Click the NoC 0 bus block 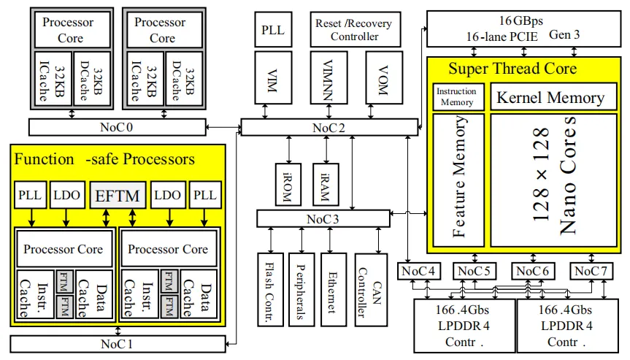[x=117, y=127]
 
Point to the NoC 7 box [x=592, y=272]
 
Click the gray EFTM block [x=118, y=195]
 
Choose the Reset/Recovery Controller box [x=353, y=29]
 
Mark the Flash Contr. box [x=268, y=288]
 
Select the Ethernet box [x=333, y=288]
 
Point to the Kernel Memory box [x=550, y=97]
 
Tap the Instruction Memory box [x=456, y=97]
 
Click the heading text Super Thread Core [x=512, y=69]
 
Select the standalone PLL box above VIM [x=274, y=30]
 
